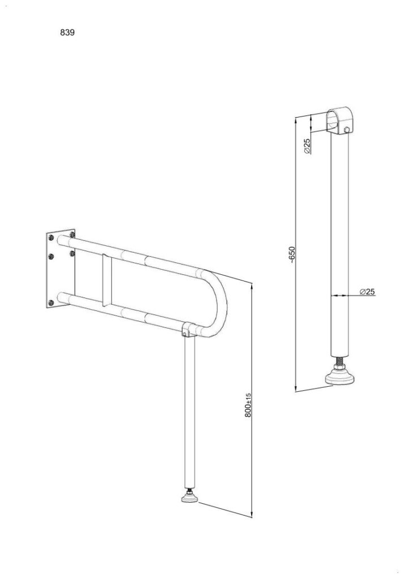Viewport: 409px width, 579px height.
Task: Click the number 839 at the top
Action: pyautogui.click(x=67, y=32)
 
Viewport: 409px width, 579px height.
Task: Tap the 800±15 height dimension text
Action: pyautogui.click(x=248, y=405)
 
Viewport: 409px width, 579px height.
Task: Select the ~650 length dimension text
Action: pyautogui.click(x=292, y=254)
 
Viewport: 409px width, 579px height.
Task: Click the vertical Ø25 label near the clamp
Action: pyautogui.click(x=307, y=146)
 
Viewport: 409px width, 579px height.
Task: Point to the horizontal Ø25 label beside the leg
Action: pyautogui.click(x=367, y=292)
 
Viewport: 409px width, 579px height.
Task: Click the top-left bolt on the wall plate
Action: pyautogui.click(x=51, y=237)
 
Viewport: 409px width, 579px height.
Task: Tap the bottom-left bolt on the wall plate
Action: pyautogui.click(x=51, y=303)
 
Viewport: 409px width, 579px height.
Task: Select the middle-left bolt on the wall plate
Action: pyautogui.click(x=51, y=256)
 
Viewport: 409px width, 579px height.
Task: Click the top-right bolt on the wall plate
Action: pyautogui.click(x=72, y=234)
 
